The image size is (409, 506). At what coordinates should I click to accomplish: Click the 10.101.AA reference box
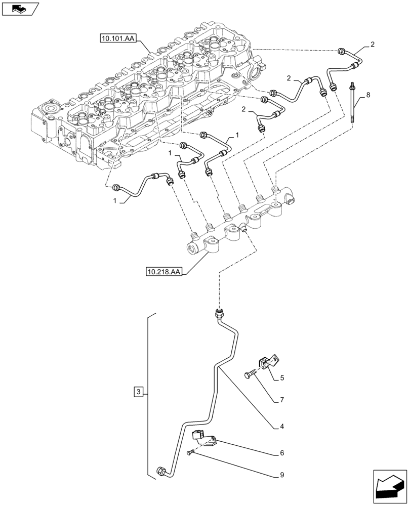click(117, 37)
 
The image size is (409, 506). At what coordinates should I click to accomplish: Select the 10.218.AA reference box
click(164, 272)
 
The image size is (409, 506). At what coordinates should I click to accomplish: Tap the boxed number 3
click(139, 391)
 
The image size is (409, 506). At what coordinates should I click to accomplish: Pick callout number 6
click(282, 453)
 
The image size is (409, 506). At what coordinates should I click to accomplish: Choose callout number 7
click(282, 400)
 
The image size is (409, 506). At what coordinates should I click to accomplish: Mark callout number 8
click(368, 95)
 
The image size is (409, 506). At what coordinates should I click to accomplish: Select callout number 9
click(282, 475)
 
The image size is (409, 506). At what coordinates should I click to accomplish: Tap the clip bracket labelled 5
click(266, 362)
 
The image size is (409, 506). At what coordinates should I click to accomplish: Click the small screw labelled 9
click(190, 452)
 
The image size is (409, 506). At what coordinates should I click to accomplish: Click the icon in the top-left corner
click(20, 9)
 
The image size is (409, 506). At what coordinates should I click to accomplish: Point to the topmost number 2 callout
click(373, 45)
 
